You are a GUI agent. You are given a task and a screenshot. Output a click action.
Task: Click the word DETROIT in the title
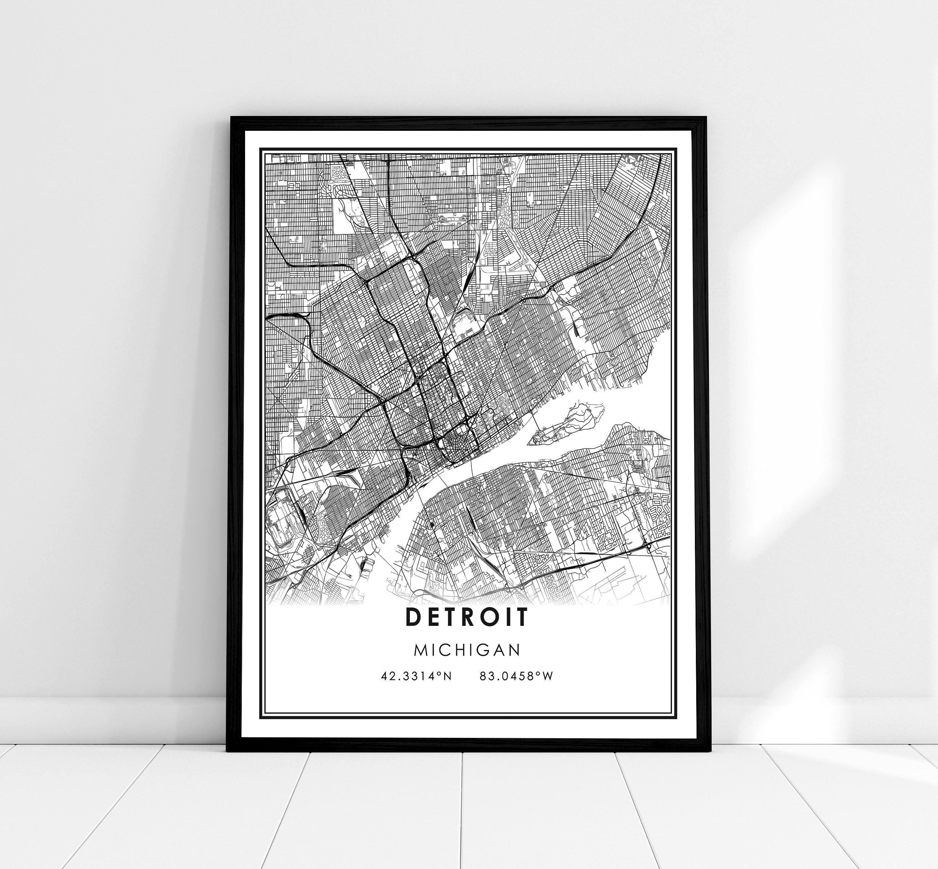(x=467, y=617)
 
